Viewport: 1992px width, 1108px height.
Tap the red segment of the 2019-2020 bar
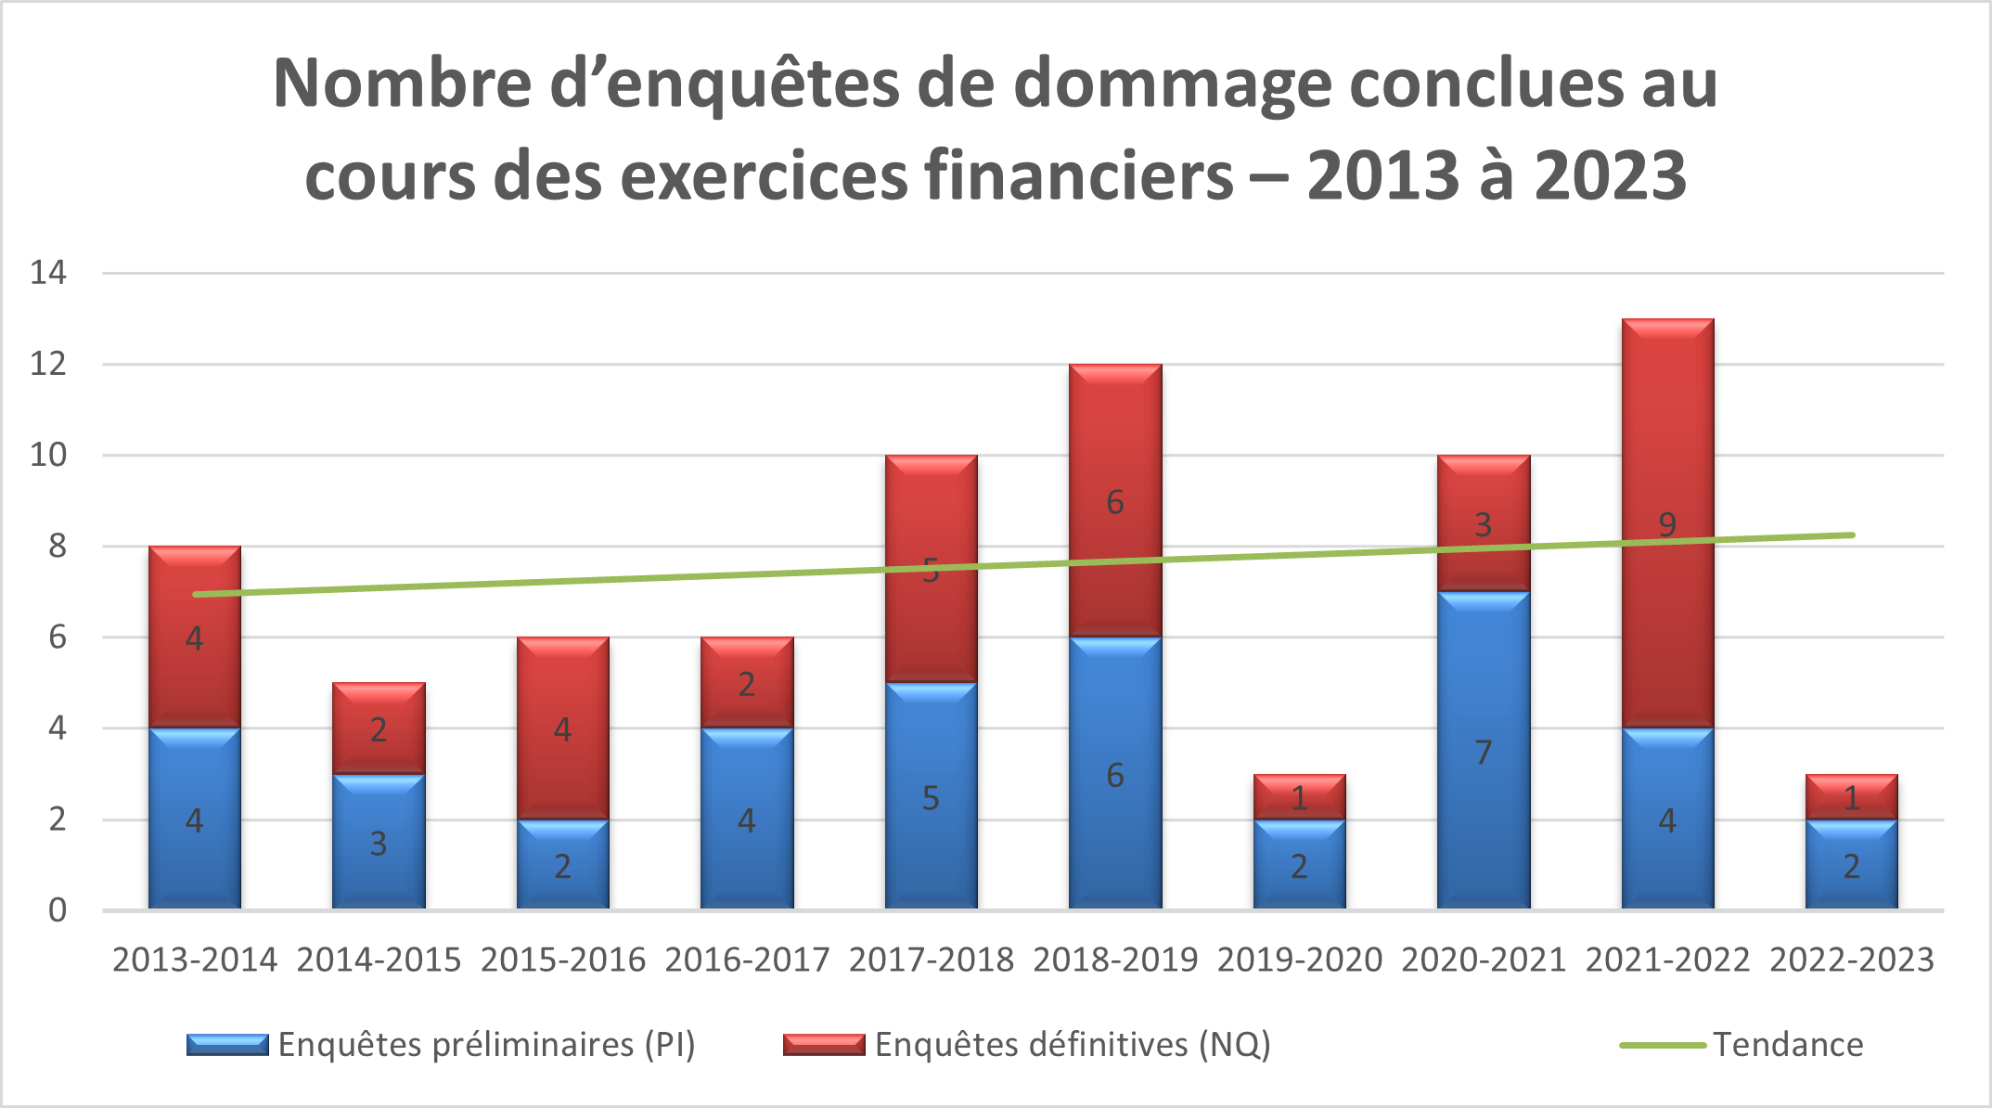click(1299, 796)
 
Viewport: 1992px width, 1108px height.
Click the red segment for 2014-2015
click(379, 728)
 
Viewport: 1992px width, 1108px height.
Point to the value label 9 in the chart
click(1667, 525)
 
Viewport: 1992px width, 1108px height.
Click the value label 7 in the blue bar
click(1483, 753)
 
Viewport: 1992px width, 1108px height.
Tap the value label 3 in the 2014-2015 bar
click(379, 844)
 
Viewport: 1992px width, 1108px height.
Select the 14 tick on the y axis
click(48, 272)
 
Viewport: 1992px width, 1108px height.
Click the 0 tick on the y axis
click(58, 910)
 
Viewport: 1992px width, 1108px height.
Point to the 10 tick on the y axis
click(48, 455)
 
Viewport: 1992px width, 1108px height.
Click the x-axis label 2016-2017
click(747, 960)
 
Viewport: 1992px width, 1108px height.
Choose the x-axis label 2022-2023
click(1851, 960)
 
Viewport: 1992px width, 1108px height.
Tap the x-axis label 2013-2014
click(195, 960)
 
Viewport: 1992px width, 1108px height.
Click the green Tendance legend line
click(1663, 1045)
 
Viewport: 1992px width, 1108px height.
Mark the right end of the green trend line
click(1851, 535)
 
